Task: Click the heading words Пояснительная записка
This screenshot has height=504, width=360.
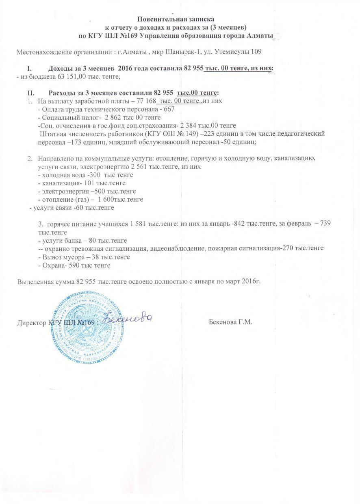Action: pos(175,19)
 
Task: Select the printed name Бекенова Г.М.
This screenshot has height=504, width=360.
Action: pos(230,322)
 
